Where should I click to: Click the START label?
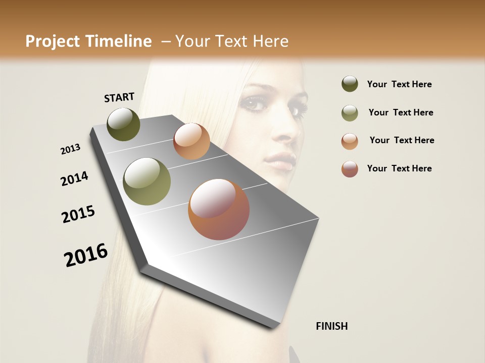pos(119,97)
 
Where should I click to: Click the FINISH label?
pos(331,326)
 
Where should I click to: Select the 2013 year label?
pos(71,149)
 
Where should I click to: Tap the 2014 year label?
pos(75,178)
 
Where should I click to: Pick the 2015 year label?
pos(78,214)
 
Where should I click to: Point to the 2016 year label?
pos(86,255)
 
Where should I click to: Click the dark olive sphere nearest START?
pos(124,124)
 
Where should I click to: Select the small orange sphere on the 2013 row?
pos(191,141)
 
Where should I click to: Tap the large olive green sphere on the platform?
pos(147,181)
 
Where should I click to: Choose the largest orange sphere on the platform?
pos(219,209)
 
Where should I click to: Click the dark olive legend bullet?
pos(350,84)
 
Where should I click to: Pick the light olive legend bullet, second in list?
pos(350,112)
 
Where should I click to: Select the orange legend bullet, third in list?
pos(350,141)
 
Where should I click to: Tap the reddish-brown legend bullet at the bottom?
pos(350,168)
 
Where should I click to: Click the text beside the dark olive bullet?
pos(399,84)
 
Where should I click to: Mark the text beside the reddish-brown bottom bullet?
pos(399,168)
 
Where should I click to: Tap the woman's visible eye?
pos(255,103)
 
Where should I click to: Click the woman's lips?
pos(280,160)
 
